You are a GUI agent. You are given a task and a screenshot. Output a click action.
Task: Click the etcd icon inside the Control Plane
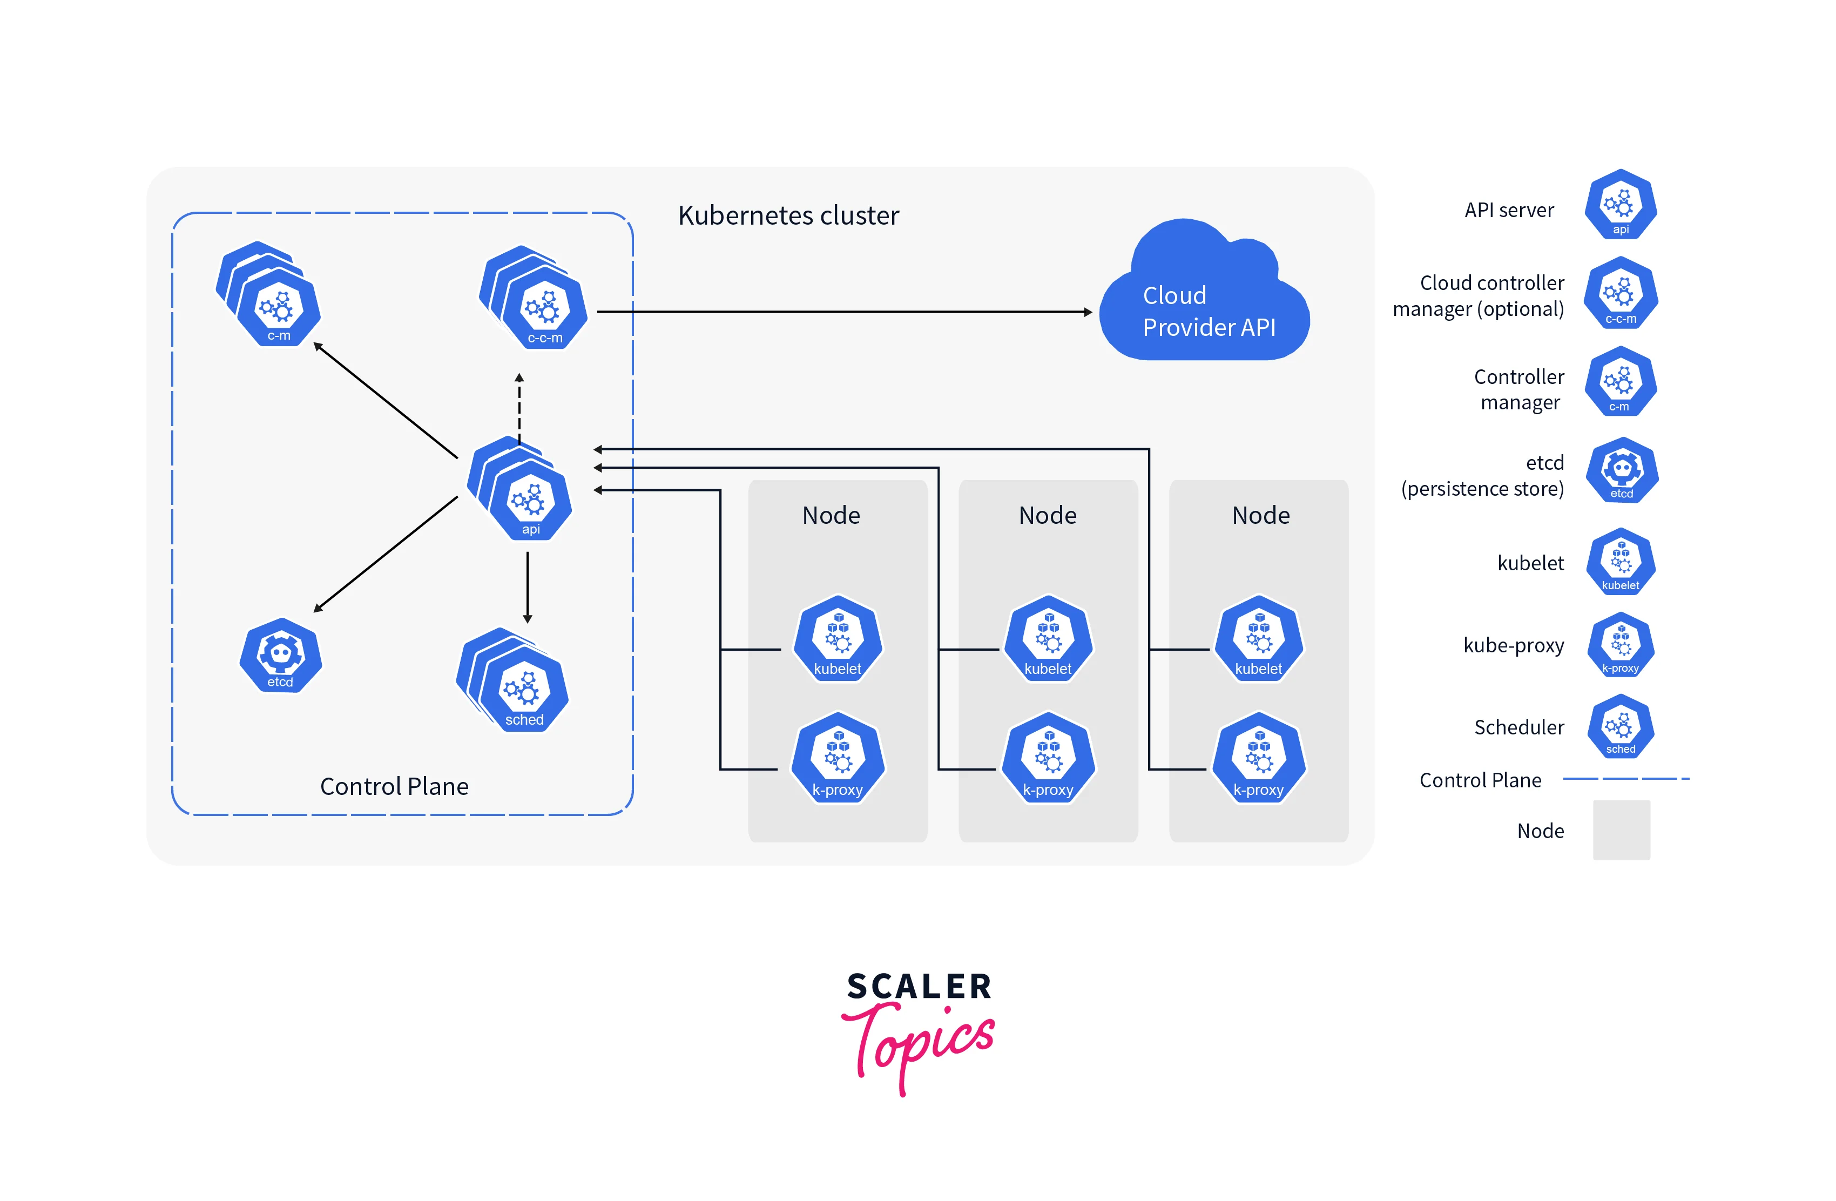click(280, 656)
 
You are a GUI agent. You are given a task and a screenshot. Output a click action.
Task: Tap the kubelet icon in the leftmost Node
click(838, 639)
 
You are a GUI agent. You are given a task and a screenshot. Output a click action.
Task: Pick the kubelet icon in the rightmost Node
click(1258, 639)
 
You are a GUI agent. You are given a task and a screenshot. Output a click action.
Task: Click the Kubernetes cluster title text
click(788, 215)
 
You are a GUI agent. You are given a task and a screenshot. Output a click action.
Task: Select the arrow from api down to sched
click(528, 586)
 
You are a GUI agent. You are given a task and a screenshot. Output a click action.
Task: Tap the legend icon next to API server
click(1620, 205)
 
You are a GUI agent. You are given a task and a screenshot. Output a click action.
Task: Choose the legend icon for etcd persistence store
click(1622, 470)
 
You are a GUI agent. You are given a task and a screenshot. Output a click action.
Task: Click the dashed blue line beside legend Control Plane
click(1625, 779)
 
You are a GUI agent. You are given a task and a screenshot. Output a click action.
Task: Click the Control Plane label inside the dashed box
click(394, 786)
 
